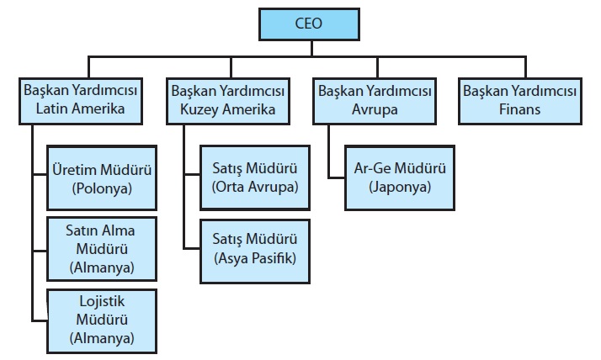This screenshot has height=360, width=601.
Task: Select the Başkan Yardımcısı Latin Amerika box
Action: [81, 100]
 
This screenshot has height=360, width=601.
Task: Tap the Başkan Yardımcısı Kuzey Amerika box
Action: [228, 100]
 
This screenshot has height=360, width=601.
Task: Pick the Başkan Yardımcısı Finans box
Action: [519, 100]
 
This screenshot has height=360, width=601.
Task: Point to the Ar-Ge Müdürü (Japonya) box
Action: [400, 177]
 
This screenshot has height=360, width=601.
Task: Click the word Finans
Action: [519, 109]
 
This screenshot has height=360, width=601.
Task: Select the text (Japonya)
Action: [400, 187]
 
